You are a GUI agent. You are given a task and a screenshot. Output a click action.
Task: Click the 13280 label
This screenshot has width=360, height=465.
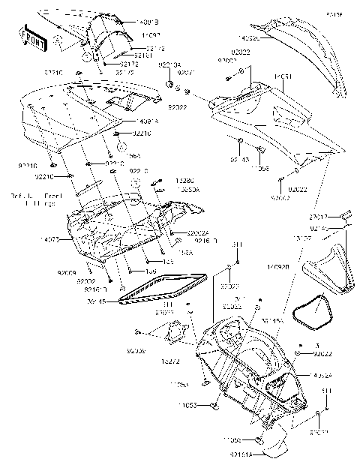pos(184,181)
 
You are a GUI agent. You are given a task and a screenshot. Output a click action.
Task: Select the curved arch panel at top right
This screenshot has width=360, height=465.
pos(316,52)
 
